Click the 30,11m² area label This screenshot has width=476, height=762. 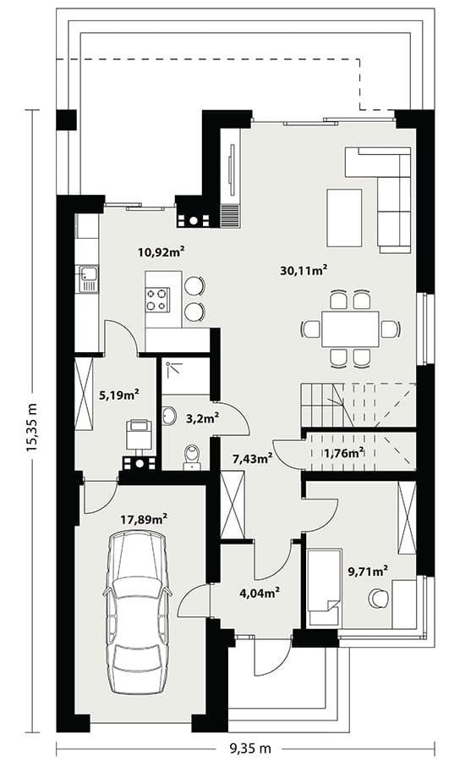(x=304, y=270)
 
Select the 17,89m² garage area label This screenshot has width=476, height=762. (x=144, y=519)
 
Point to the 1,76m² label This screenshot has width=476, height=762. (x=344, y=453)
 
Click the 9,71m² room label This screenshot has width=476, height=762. (x=368, y=571)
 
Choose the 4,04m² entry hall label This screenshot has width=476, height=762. (x=260, y=593)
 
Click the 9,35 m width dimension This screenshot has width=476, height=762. (x=251, y=748)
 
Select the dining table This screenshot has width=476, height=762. (x=350, y=329)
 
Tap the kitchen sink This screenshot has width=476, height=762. (x=88, y=279)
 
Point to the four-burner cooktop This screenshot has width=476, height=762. (x=158, y=300)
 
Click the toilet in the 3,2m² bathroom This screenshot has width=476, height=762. (x=193, y=458)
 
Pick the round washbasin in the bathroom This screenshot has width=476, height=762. (x=169, y=416)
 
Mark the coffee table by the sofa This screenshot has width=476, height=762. (x=344, y=218)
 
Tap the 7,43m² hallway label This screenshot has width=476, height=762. (x=253, y=458)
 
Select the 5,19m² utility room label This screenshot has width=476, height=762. (x=119, y=395)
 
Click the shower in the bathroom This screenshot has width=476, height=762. (x=186, y=377)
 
